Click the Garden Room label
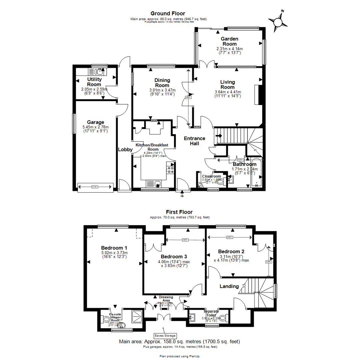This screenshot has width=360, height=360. click(229, 41)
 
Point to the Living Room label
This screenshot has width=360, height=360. click(228, 84)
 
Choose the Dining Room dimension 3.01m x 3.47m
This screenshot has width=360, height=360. click(162, 90)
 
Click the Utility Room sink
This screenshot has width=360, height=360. click(96, 71)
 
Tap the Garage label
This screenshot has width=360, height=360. click(96, 122)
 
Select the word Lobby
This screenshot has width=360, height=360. click(125, 150)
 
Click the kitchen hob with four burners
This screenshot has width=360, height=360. click(171, 169)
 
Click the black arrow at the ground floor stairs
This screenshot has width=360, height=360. click(219, 136)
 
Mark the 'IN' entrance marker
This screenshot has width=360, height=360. click(182, 196)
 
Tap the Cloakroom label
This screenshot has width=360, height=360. click(212, 176)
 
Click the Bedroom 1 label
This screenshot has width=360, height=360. click(114, 248)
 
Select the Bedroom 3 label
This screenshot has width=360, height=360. click(174, 257)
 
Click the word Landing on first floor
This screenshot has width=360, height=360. click(229, 286)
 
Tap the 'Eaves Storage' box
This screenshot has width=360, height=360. click(165, 336)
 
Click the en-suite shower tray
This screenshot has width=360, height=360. click(138, 315)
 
